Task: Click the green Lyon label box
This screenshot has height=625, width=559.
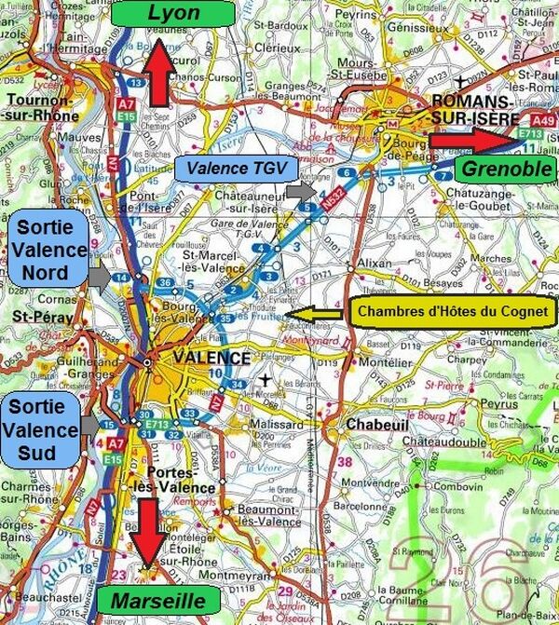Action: click(x=170, y=13)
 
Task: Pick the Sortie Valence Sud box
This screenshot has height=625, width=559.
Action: click(x=40, y=430)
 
